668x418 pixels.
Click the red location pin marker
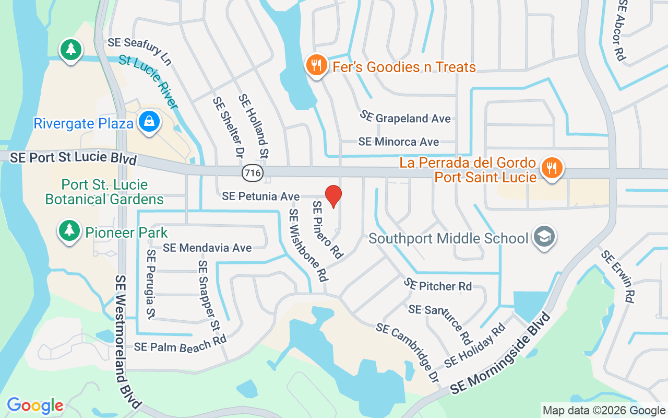click(x=333, y=196)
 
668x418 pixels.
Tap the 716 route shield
click(x=253, y=172)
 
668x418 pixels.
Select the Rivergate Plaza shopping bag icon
click(x=149, y=121)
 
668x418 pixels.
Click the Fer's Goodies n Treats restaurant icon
click(x=316, y=65)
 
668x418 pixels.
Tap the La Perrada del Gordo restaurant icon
click(x=550, y=168)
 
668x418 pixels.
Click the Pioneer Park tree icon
click(x=69, y=230)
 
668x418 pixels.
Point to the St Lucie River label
click(x=149, y=82)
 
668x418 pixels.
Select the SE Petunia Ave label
click(x=260, y=196)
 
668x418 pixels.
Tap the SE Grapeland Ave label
click(x=405, y=118)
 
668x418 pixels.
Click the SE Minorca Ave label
click(x=398, y=142)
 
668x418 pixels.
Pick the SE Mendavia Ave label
click(x=207, y=248)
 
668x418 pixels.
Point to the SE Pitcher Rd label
click(x=438, y=285)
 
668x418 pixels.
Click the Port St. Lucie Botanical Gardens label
click(x=104, y=192)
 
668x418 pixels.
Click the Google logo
click(x=35, y=405)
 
